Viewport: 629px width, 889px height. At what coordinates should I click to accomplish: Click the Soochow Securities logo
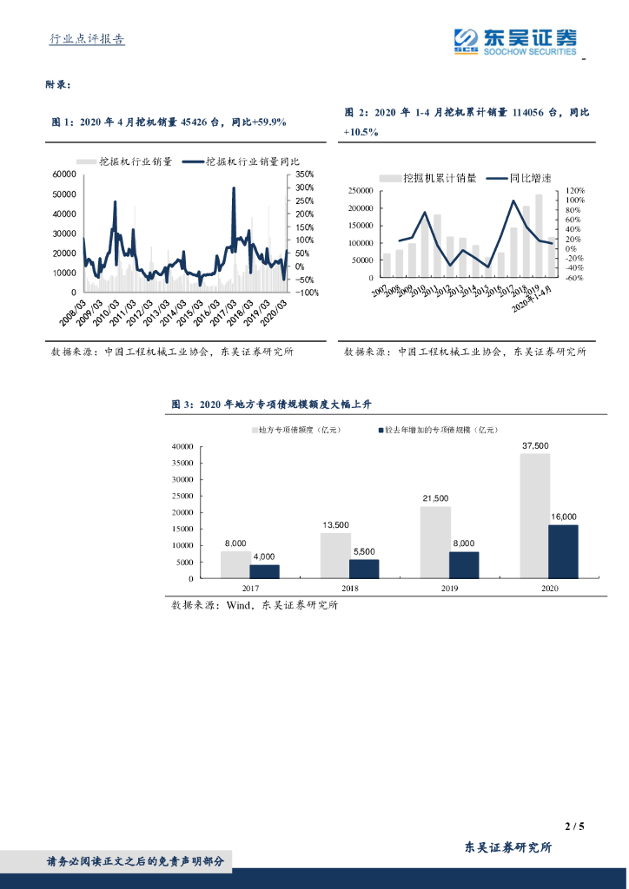(x=516, y=41)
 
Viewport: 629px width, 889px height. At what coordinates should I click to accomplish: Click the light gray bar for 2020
(x=534, y=515)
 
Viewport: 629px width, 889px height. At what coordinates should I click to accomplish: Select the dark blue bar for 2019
(x=463, y=564)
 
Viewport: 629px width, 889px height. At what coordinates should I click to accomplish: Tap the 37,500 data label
(x=534, y=445)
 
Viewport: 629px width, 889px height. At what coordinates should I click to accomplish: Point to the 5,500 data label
(x=363, y=551)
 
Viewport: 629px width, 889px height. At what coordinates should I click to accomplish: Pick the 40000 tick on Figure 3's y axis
(x=182, y=446)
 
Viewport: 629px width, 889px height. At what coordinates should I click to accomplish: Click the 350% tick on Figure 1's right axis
(x=304, y=174)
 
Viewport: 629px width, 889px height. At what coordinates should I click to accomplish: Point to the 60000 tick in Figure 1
(x=64, y=174)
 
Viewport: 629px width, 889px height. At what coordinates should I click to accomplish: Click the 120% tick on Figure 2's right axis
(x=552, y=190)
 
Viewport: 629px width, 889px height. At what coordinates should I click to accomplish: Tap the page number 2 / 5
(x=574, y=826)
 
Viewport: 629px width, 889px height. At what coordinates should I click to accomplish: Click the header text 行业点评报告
(x=87, y=39)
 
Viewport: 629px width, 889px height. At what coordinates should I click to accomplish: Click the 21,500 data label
(x=435, y=498)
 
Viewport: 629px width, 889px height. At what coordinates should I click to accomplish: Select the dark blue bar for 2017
(x=264, y=571)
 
